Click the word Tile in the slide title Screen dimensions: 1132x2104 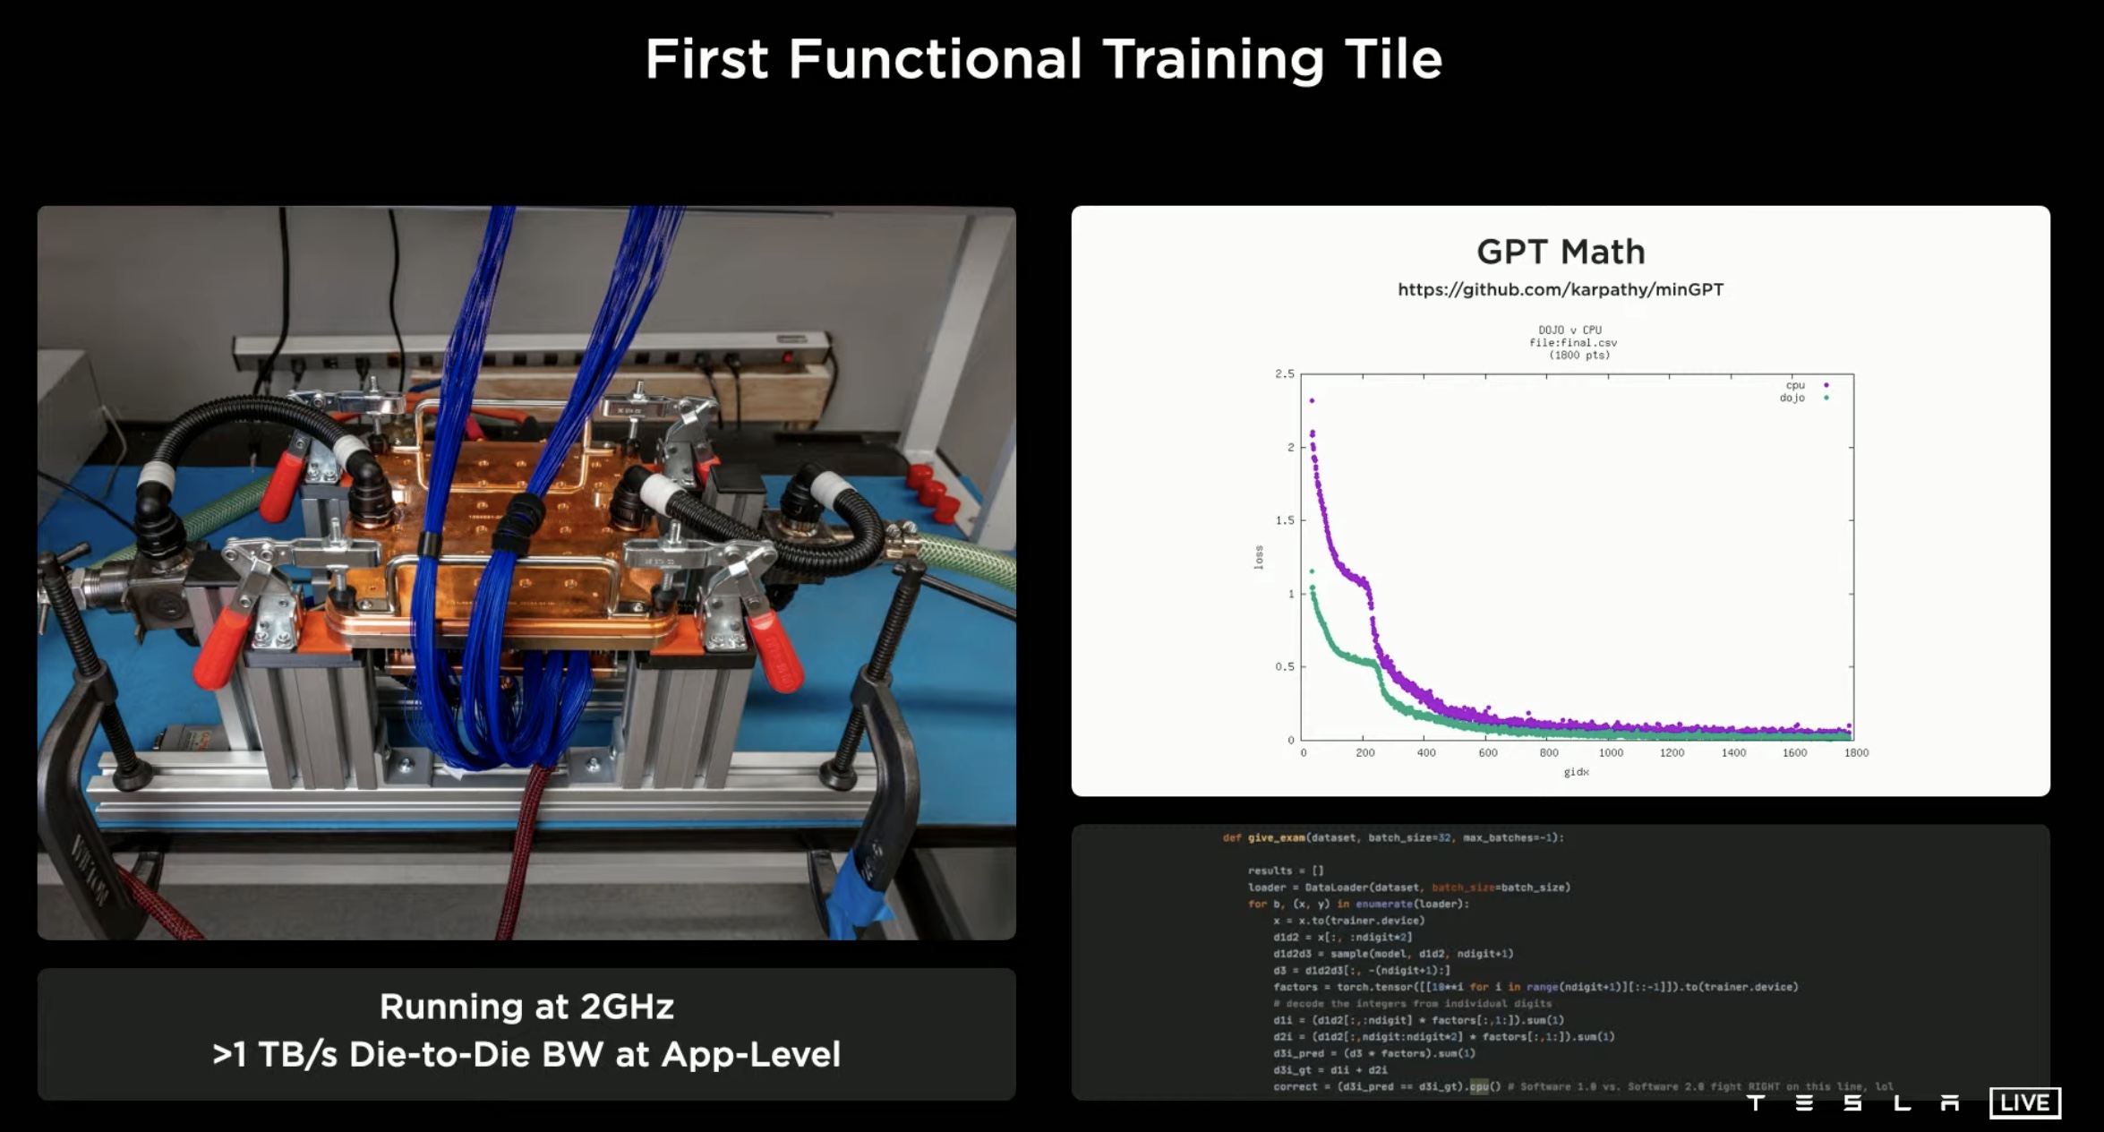pos(1390,59)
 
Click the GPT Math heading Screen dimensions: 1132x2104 pos(1561,252)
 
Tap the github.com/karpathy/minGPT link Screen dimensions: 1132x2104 pos(1561,289)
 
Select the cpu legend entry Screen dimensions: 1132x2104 pos(1795,385)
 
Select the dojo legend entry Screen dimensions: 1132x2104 pos(1792,398)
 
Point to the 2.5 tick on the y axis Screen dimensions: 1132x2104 pos(1285,373)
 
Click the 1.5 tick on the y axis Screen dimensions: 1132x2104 pos(1285,520)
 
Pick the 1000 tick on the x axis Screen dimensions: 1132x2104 pos(1611,753)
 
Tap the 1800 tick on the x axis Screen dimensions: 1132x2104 pos(1856,753)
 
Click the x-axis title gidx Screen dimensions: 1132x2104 pos(1576,772)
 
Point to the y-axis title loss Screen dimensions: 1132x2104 pos(1259,557)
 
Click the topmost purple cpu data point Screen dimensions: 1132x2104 pos(1312,400)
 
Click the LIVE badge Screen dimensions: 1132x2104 pos(2024,1102)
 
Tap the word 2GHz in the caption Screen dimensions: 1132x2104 pos(627,1007)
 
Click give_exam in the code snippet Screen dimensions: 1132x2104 pos(1276,838)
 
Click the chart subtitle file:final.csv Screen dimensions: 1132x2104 pos(1573,343)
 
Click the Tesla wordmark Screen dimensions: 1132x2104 pos(1852,1103)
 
